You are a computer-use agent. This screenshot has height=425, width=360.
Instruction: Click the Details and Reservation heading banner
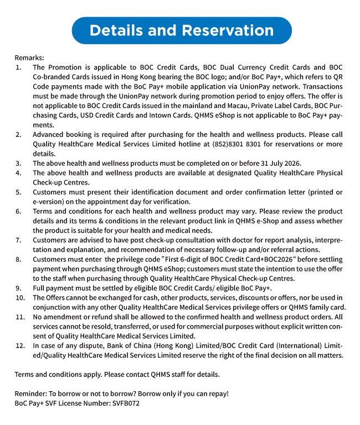(x=181, y=30)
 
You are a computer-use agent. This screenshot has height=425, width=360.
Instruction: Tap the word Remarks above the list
(x=29, y=58)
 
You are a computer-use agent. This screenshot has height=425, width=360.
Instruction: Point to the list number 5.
(x=19, y=192)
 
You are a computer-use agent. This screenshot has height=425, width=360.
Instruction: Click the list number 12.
(x=20, y=346)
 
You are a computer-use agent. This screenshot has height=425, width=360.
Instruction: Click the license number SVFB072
(x=125, y=403)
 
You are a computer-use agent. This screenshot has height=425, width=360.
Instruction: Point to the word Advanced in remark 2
(x=49, y=134)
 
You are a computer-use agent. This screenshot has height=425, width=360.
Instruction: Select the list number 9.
(x=19, y=288)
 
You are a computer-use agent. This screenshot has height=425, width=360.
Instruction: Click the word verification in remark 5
(x=173, y=201)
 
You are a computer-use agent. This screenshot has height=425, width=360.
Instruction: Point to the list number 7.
(x=19, y=240)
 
